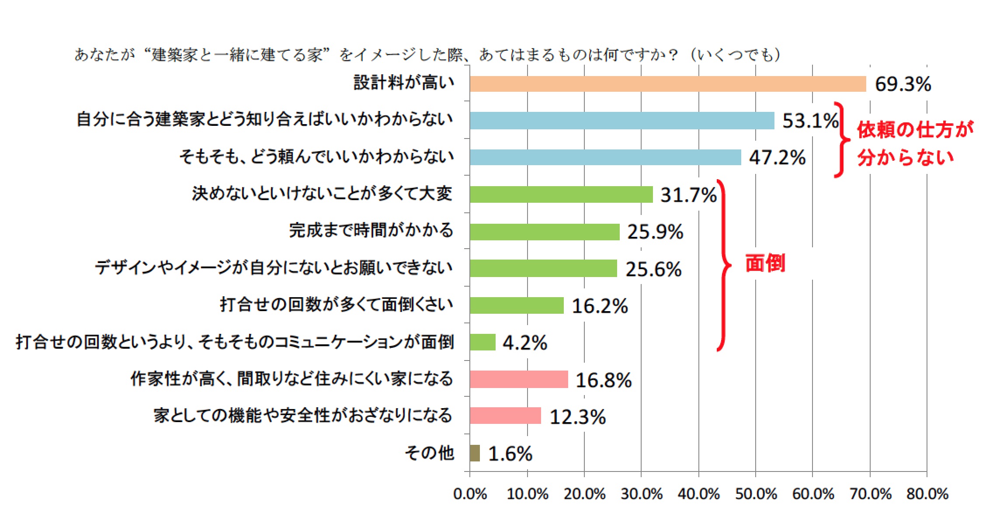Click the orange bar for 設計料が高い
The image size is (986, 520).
(x=667, y=84)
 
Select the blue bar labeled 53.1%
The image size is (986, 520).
(x=621, y=121)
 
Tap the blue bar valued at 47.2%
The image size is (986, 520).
(x=605, y=157)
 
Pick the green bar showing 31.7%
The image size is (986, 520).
(x=561, y=194)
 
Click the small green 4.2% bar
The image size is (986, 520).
(x=483, y=342)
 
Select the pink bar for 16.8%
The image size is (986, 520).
(x=519, y=379)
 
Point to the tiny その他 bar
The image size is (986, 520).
(x=475, y=453)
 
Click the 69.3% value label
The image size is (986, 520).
(x=903, y=84)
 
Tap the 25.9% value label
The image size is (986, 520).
(x=655, y=232)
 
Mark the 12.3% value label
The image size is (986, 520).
(x=577, y=416)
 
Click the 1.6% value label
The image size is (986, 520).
(x=510, y=454)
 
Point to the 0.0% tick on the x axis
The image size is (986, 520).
(x=470, y=494)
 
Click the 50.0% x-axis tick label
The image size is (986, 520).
(x=756, y=494)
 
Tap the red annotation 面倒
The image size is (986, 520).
(x=765, y=263)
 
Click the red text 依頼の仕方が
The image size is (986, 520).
(x=915, y=130)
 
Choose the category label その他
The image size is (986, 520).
(x=429, y=453)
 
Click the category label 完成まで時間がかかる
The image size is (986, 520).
(x=371, y=230)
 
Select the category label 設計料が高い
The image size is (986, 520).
(x=404, y=83)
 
